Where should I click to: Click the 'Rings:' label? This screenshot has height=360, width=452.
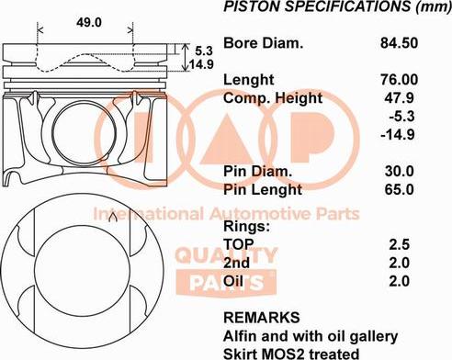(x=246, y=225)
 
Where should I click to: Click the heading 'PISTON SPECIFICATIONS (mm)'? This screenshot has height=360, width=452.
(x=326, y=8)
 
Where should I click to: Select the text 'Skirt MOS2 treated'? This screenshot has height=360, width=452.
(x=291, y=352)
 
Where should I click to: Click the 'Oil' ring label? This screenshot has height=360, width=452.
(x=233, y=280)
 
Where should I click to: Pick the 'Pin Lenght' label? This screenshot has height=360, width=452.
(x=262, y=189)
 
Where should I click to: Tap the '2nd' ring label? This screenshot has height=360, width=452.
(x=236, y=262)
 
